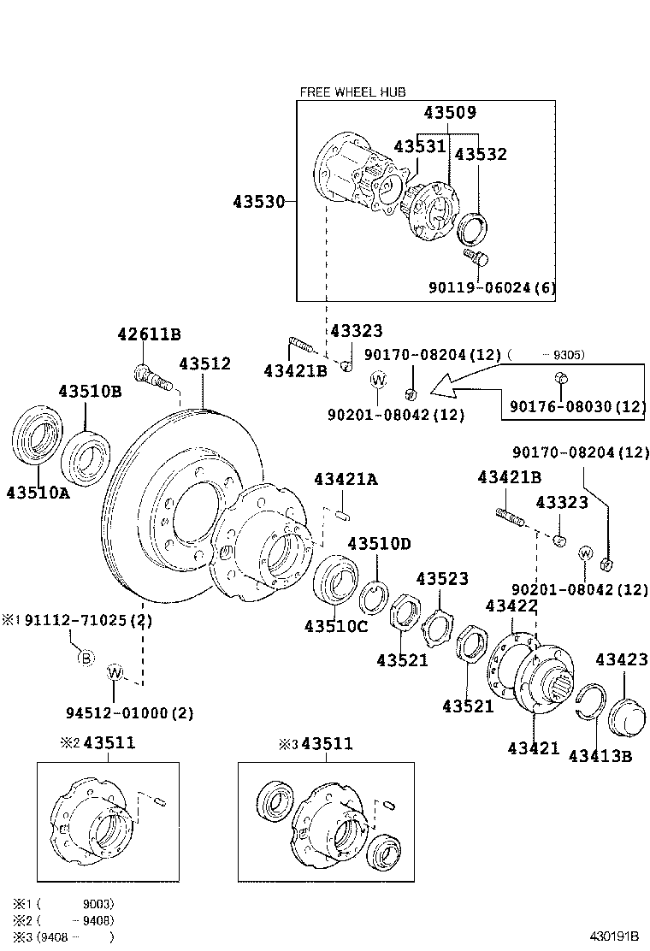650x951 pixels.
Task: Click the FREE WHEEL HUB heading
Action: click(x=352, y=92)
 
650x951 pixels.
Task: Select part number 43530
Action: click(x=257, y=202)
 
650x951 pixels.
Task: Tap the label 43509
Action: click(x=450, y=113)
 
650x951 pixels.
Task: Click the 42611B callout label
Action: click(x=149, y=334)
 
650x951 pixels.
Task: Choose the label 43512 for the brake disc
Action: click(x=204, y=363)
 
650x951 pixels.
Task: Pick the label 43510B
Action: click(x=90, y=392)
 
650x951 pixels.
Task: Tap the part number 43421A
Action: click(x=345, y=480)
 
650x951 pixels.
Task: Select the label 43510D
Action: click(x=379, y=544)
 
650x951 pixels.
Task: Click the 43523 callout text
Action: click(x=442, y=579)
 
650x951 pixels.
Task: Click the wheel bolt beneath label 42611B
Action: click(x=151, y=377)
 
